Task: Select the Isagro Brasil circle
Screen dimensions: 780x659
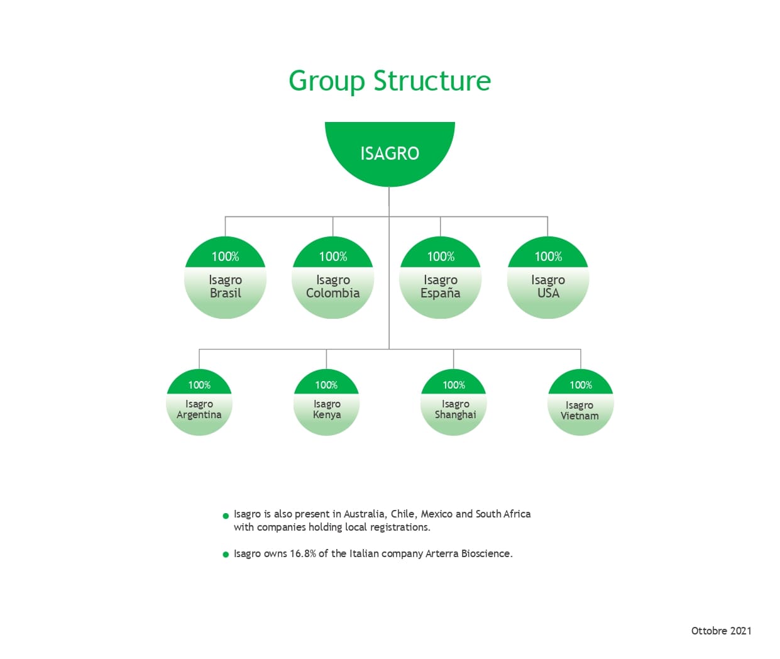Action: click(225, 277)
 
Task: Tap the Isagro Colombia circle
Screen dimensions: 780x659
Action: click(333, 277)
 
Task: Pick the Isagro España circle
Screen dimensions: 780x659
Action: click(440, 277)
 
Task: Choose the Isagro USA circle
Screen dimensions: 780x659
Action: click(548, 277)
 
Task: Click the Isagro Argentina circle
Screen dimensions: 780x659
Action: click(199, 402)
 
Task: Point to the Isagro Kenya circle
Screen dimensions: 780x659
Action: click(326, 402)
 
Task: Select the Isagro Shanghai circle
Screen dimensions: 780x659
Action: click(454, 402)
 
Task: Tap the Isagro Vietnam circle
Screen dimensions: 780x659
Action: click(581, 402)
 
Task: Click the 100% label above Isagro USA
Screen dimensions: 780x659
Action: click(548, 257)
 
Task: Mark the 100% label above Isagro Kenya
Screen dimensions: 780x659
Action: click(326, 385)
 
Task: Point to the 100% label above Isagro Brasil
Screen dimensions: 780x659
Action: click(225, 257)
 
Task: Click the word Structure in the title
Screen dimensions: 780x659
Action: click(432, 80)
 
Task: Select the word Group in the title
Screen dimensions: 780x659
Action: click(326, 82)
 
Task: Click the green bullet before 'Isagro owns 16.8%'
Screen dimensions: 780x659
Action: click(226, 555)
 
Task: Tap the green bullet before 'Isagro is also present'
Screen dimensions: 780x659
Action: click(226, 516)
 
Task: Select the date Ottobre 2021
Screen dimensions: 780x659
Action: click(721, 631)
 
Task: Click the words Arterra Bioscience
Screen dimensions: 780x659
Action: click(469, 553)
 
